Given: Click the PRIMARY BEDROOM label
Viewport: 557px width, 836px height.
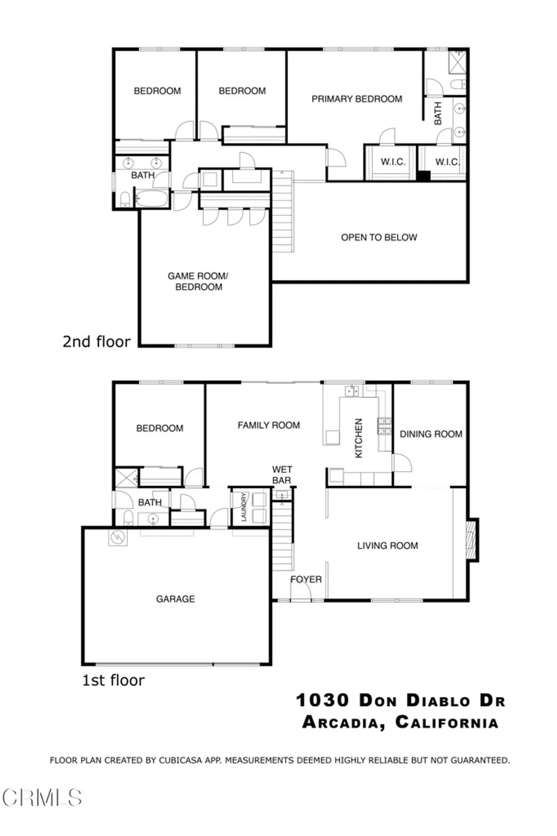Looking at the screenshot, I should click(357, 99).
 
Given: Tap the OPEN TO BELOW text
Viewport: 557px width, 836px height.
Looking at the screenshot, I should click(379, 238).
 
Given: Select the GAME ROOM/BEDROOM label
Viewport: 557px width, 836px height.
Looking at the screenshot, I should click(198, 282).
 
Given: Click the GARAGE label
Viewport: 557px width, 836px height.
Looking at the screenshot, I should click(175, 599).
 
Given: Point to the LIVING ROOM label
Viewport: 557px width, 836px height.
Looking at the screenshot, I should click(387, 546).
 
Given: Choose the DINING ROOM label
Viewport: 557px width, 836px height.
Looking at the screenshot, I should click(431, 434).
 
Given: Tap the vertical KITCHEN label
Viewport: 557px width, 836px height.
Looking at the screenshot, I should click(358, 438).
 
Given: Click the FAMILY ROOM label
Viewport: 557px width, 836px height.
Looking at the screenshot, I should click(269, 426).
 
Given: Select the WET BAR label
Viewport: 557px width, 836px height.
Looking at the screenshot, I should click(282, 475).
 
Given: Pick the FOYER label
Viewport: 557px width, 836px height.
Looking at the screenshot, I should click(306, 579).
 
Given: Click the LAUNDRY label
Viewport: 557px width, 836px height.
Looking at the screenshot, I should click(244, 507).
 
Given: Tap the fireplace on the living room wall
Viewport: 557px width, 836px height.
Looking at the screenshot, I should click(472, 539).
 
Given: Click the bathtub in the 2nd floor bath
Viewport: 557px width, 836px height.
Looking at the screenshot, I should click(152, 199).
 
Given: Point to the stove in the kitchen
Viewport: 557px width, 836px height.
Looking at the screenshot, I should click(385, 427).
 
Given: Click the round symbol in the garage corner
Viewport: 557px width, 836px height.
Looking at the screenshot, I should click(117, 538).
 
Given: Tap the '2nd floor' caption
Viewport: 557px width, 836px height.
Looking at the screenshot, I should click(96, 342).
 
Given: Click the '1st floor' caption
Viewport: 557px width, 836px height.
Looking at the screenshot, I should click(113, 681).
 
